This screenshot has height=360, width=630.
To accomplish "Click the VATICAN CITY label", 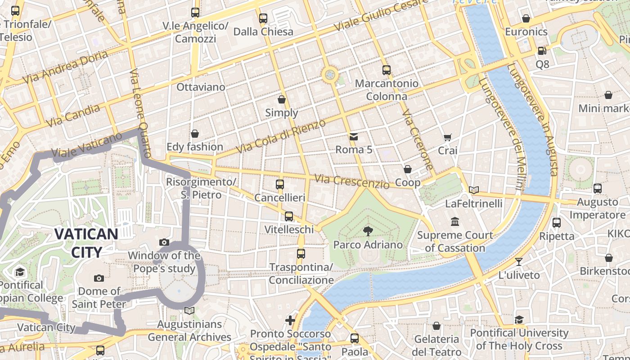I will pyautogui.click(x=86, y=243).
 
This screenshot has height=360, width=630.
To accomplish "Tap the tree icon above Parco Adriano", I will pyautogui.click(x=368, y=231).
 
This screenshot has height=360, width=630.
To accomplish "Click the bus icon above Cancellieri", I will pyautogui.click(x=280, y=184).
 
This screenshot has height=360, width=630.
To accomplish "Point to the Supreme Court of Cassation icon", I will pyautogui.click(x=455, y=222).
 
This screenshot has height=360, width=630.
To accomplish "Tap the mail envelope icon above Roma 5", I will pyautogui.click(x=354, y=136).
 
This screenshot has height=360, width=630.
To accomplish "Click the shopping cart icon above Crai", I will pyautogui.click(x=447, y=137).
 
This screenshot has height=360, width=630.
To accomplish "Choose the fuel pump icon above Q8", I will pyautogui.click(x=542, y=51).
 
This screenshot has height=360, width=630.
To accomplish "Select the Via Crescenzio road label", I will pyautogui.click(x=351, y=181).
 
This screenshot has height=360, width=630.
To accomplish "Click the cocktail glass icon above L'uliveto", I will pyautogui.click(x=519, y=261).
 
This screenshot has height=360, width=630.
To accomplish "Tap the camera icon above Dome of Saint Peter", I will pyautogui.click(x=99, y=278).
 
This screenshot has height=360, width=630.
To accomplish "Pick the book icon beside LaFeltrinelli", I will pyautogui.click(x=473, y=190).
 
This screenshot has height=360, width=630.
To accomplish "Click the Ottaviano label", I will pyautogui.click(x=201, y=87).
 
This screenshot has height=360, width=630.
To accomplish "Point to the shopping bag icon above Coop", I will pyautogui.click(x=408, y=169).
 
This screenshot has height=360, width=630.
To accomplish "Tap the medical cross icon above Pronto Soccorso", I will pyautogui.click(x=290, y=320).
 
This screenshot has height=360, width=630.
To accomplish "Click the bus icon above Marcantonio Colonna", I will pyautogui.click(x=387, y=70).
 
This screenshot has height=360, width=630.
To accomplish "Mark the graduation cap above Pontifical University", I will pyautogui.click(x=519, y=319).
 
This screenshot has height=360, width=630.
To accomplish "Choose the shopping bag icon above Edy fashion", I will pyautogui.click(x=195, y=134).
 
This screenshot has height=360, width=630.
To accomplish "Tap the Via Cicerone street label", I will pyautogui.click(x=418, y=139).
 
